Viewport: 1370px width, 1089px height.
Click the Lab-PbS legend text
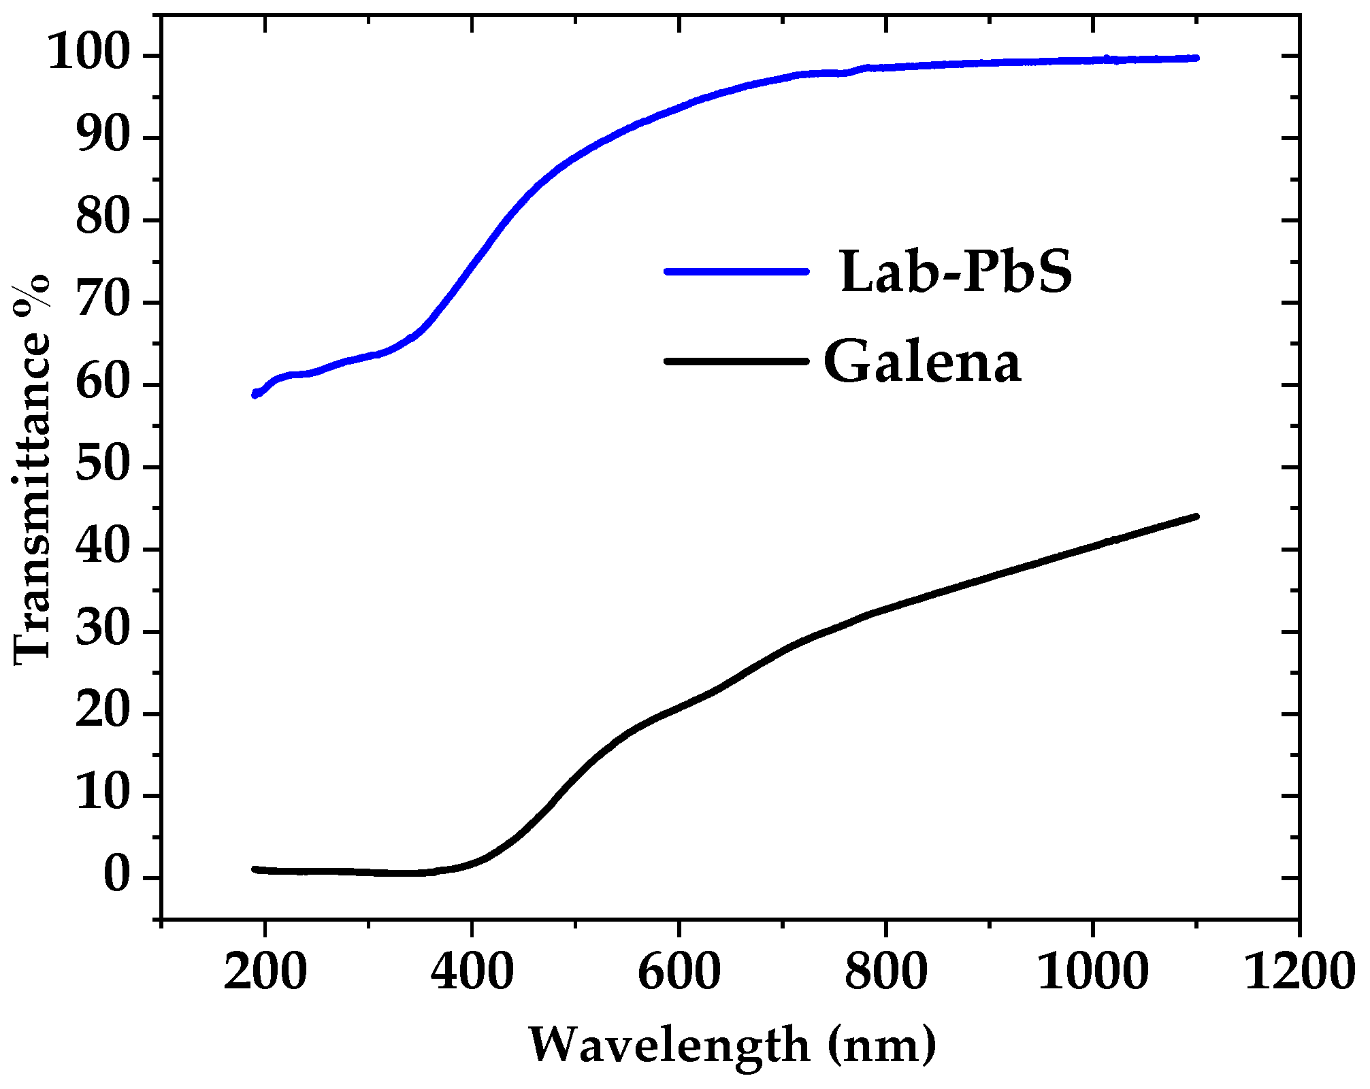[956, 272]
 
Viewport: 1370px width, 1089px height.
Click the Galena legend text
[922, 362]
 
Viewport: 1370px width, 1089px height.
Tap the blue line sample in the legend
[736, 271]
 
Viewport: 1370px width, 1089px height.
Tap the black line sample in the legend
[736, 361]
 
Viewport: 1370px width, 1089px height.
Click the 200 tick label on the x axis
[265, 972]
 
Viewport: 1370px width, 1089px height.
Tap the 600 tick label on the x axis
[679, 972]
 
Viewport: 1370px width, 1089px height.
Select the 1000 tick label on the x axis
[1092, 972]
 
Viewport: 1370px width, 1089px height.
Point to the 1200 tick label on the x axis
[1299, 972]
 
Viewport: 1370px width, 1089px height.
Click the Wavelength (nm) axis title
[732, 1045]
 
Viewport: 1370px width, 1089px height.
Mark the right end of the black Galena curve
[1196, 517]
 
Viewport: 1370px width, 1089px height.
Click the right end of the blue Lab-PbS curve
[1196, 58]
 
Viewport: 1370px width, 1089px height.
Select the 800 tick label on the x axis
[885, 972]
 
